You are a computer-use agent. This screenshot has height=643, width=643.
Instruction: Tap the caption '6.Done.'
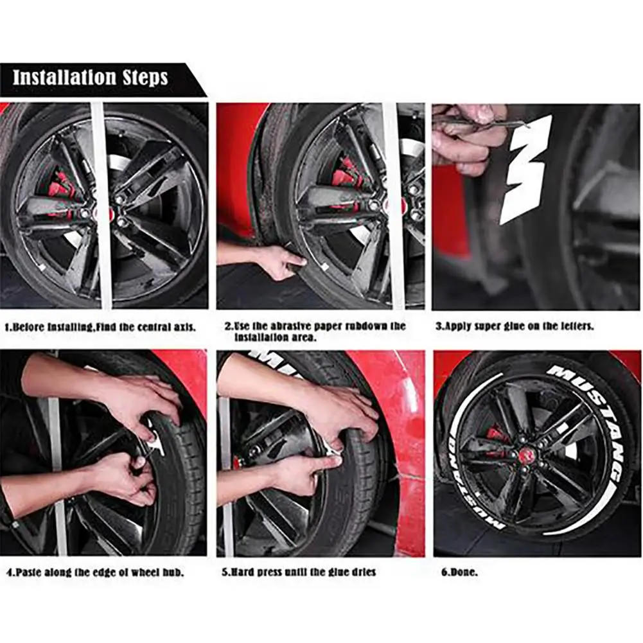(x=459, y=572)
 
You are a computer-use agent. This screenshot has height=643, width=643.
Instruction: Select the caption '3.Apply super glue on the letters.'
(x=515, y=326)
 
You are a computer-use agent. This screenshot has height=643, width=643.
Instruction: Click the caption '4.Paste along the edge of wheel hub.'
(x=96, y=572)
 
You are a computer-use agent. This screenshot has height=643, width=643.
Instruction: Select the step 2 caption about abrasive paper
(x=315, y=331)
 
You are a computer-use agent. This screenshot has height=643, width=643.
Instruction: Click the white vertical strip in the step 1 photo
(x=100, y=206)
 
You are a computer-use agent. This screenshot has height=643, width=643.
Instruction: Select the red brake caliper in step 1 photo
(x=61, y=189)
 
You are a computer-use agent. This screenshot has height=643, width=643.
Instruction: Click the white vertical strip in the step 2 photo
(x=392, y=206)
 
